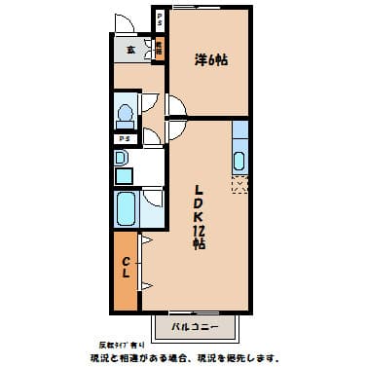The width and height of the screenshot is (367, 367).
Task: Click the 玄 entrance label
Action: point(130,50)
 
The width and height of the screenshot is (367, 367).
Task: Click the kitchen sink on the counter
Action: point(241,159)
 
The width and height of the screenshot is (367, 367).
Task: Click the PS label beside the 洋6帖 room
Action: point(161,20)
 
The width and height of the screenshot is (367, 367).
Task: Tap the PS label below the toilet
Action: point(124,138)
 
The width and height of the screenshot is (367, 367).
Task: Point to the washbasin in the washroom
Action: point(122,158)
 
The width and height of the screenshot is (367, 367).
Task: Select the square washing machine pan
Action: point(124,175)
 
